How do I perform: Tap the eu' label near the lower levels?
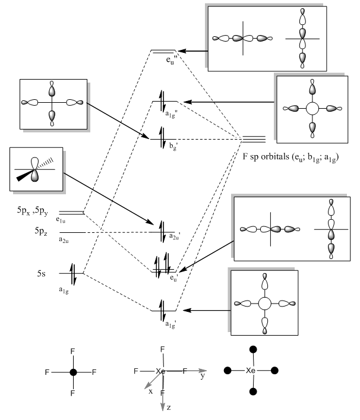(172, 277)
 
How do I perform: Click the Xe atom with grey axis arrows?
(160, 371)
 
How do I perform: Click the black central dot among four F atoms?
(73, 372)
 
